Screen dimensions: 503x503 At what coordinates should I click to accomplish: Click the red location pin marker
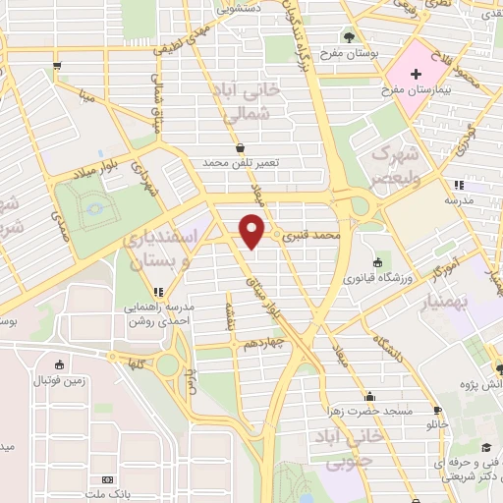click(x=252, y=230)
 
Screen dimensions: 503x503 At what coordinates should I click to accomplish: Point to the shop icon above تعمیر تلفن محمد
click(x=241, y=147)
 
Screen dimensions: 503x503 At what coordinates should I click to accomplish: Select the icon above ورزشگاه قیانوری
click(x=378, y=261)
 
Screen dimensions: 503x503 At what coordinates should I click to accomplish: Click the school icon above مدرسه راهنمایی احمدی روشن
click(x=158, y=292)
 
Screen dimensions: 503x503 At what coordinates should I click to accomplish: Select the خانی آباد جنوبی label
click(x=331, y=446)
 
